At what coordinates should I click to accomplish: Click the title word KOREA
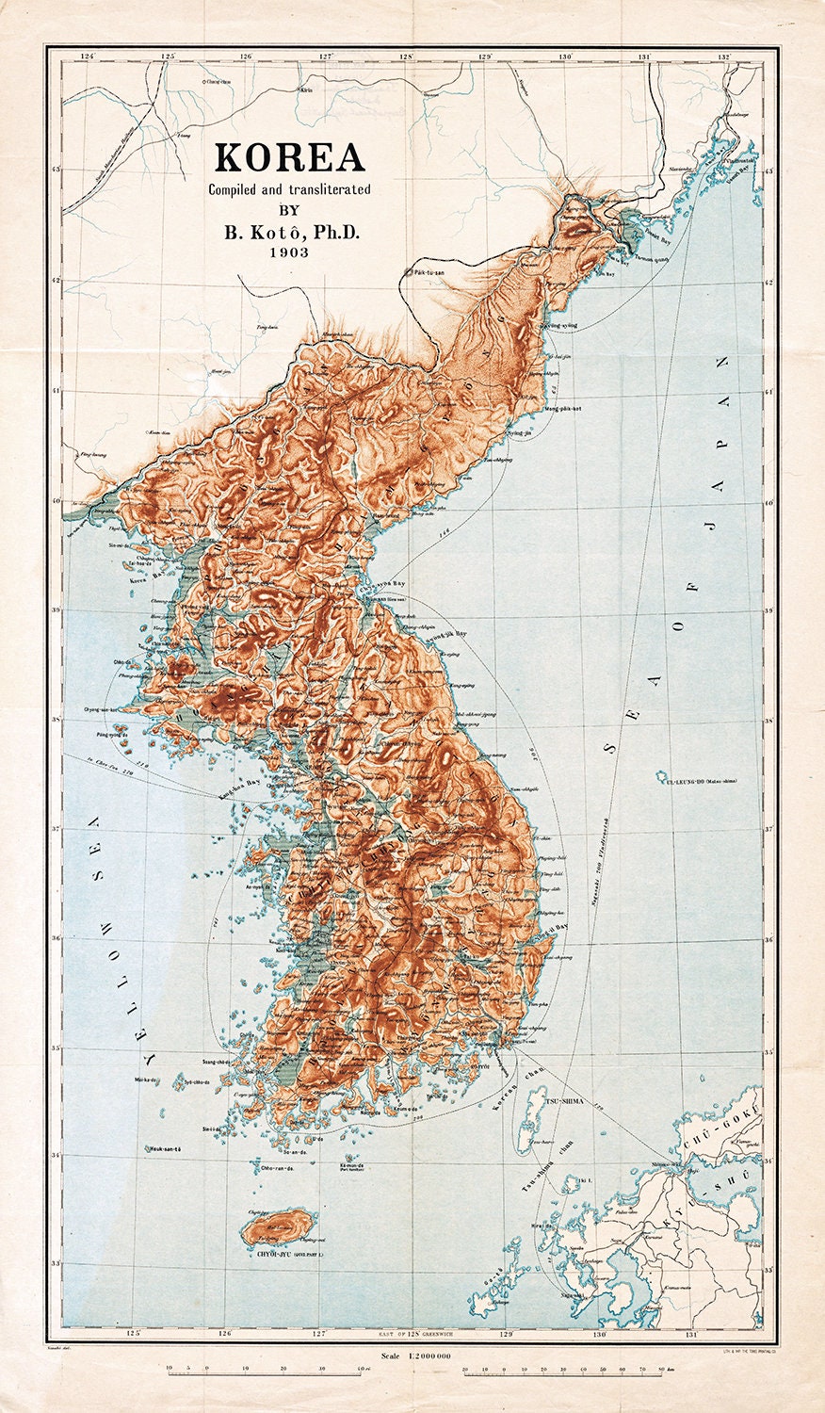click(289, 157)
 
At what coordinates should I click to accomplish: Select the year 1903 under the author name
click(289, 252)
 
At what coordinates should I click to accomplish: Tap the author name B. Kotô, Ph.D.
click(289, 231)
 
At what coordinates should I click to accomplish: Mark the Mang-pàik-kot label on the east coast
click(563, 410)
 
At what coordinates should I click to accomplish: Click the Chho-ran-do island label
click(277, 1168)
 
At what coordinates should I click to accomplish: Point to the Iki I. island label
click(585, 1178)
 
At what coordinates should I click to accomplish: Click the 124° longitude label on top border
click(89, 57)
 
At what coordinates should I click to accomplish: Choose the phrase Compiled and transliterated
click(289, 189)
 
